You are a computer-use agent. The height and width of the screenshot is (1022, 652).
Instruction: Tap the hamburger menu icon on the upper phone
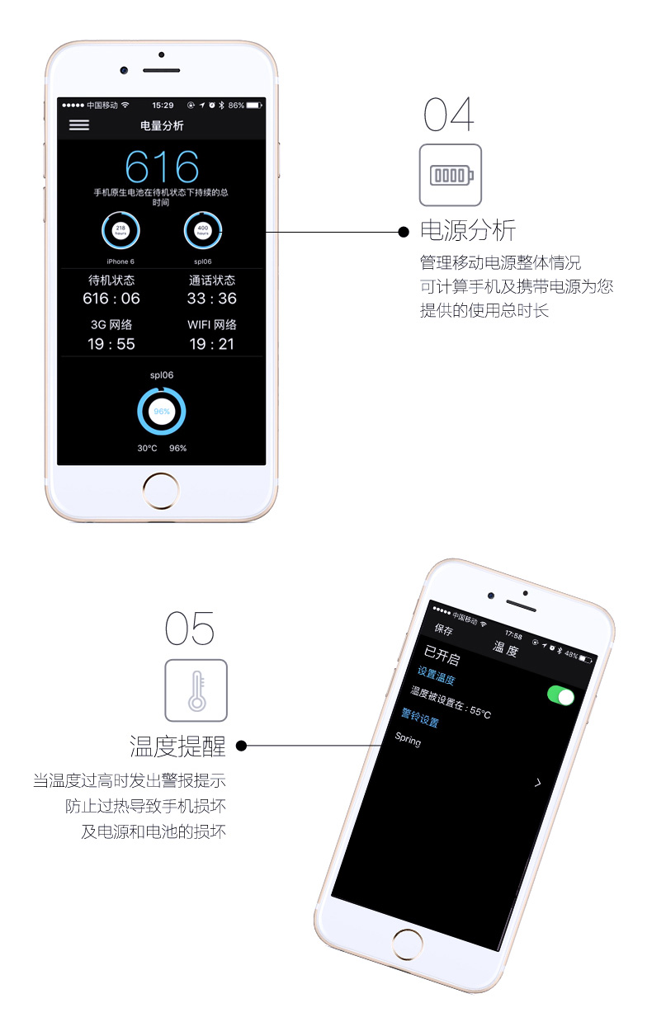pyautogui.click(x=79, y=125)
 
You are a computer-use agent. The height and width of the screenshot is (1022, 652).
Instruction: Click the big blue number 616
pyautogui.click(x=162, y=167)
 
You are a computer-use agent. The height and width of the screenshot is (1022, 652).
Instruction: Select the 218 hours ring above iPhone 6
pyautogui.click(x=120, y=230)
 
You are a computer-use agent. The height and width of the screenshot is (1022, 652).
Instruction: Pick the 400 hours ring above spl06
pyautogui.click(x=202, y=230)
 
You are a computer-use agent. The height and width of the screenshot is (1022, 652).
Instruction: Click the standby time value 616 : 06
pyautogui.click(x=111, y=299)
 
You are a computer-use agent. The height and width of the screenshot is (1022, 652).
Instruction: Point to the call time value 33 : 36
pyautogui.click(x=211, y=299)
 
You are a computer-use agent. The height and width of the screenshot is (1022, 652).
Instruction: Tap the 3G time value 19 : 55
pyautogui.click(x=111, y=344)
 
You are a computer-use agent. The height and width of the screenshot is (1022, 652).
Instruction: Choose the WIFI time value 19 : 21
pyautogui.click(x=211, y=344)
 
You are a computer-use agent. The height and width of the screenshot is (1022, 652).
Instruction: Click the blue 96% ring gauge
pyautogui.click(x=162, y=411)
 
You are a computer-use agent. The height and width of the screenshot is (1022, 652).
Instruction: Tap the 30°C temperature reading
pyautogui.click(x=147, y=449)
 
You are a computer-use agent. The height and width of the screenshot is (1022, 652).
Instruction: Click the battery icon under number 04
pyautogui.click(x=451, y=175)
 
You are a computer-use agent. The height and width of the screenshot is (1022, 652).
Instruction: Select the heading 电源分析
pyautogui.click(x=468, y=230)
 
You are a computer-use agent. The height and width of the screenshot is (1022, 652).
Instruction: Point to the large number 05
pyautogui.click(x=190, y=629)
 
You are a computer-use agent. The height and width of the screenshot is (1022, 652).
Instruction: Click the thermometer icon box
pyautogui.click(x=196, y=690)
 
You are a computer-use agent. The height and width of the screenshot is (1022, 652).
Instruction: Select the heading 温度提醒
pyautogui.click(x=177, y=746)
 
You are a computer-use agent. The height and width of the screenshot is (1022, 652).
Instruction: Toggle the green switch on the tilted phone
pyautogui.click(x=560, y=696)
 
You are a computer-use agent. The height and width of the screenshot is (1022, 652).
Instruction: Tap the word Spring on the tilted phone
pyautogui.click(x=408, y=740)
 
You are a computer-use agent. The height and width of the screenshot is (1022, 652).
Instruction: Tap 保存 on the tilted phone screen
pyautogui.click(x=444, y=630)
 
